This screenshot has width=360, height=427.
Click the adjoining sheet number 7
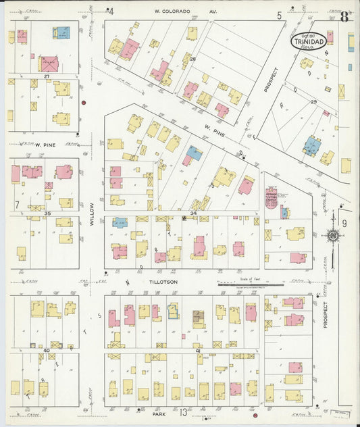click(17, 204)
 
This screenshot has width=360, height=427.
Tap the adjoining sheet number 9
click(343, 223)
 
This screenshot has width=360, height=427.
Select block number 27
click(47, 76)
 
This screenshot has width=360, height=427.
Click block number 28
click(192, 59)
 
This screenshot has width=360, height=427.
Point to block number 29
click(313, 101)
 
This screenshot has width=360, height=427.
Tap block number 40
click(47, 350)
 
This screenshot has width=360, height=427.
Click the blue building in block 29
click(311, 145)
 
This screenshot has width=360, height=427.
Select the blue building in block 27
click(61, 32)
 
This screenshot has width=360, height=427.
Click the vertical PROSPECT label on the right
click(325, 314)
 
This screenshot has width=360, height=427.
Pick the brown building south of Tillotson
click(199, 315)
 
